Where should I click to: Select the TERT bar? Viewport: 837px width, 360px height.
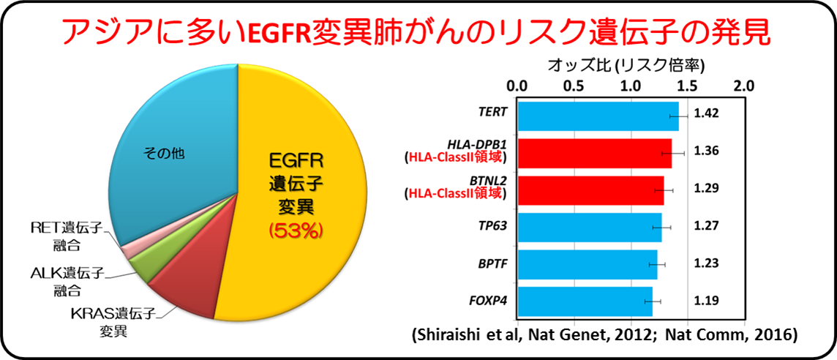[x=596, y=116]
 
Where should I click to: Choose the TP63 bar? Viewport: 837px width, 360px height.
[x=589, y=226]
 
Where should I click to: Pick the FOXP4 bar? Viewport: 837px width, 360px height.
[x=585, y=300]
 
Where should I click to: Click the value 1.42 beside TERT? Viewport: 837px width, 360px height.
[x=707, y=115]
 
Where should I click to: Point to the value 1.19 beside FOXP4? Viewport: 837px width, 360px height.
[x=707, y=300]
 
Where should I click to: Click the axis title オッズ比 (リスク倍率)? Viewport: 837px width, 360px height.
[x=626, y=66]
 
